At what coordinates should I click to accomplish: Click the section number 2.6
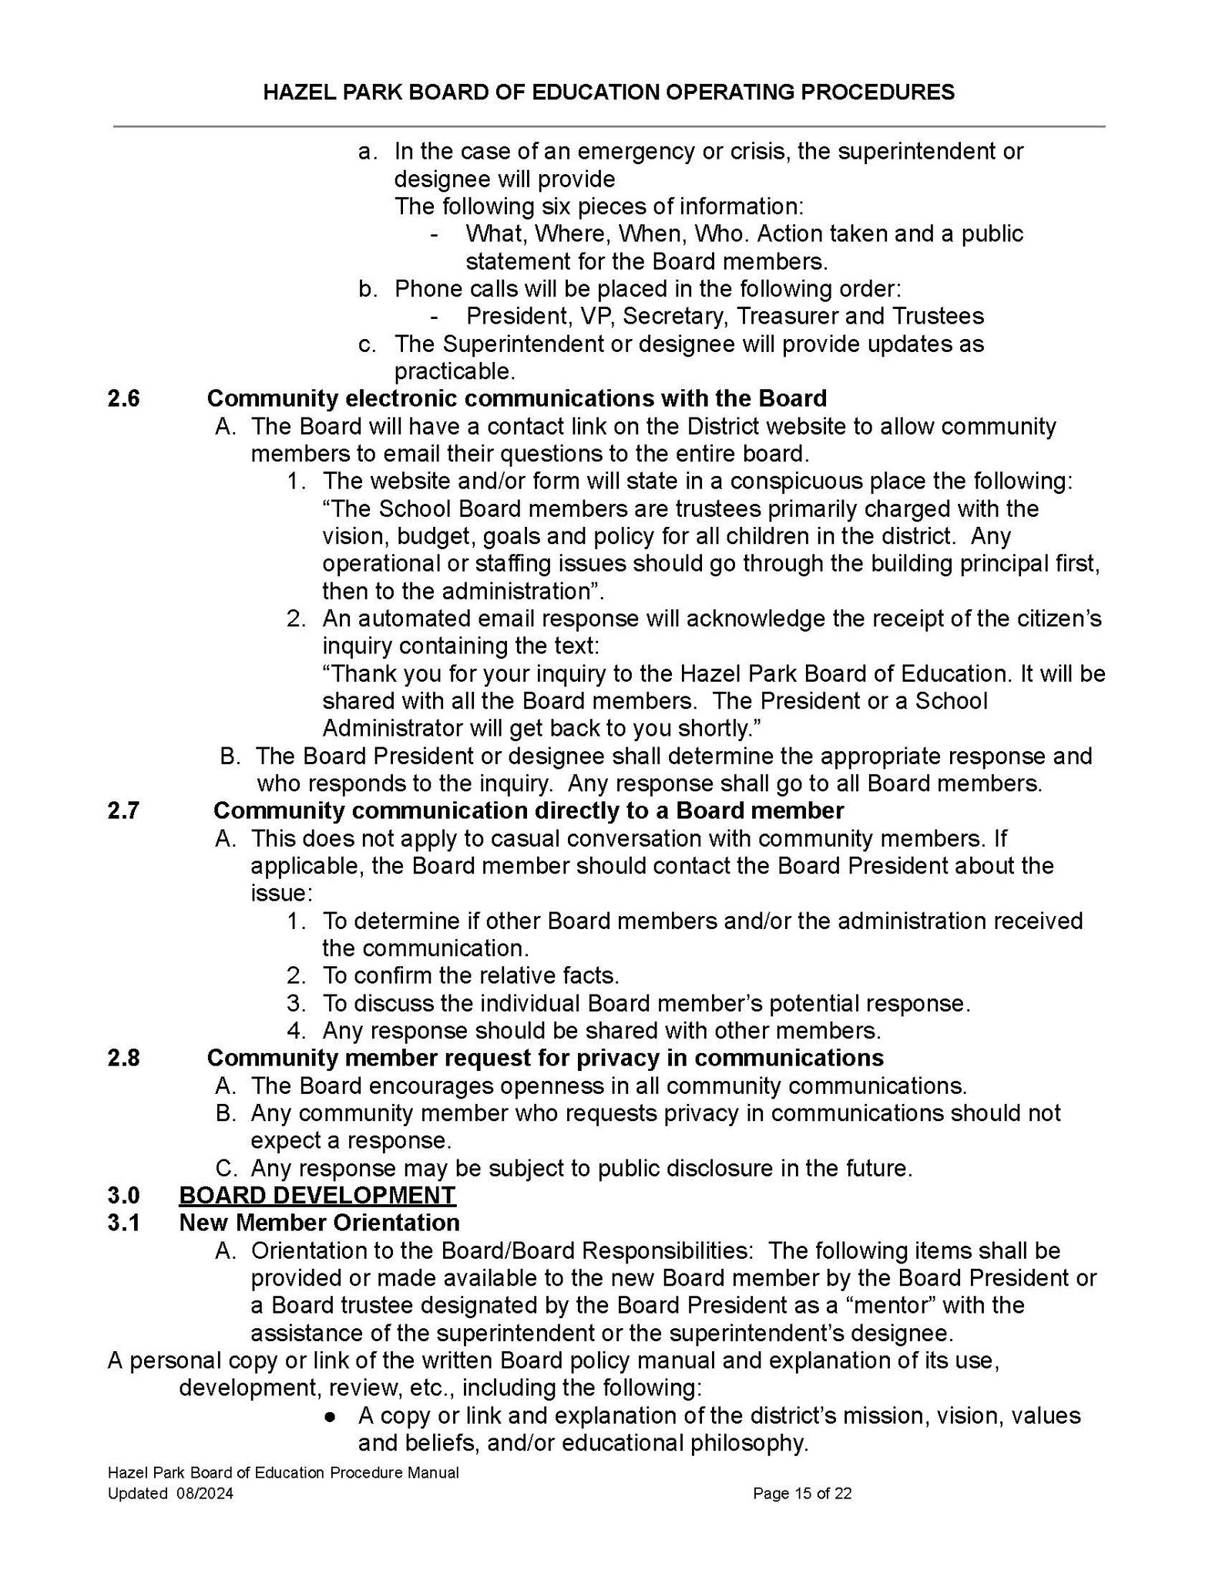(x=123, y=398)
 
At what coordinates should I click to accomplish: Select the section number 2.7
(x=123, y=810)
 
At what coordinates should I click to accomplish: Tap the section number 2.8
(x=123, y=1058)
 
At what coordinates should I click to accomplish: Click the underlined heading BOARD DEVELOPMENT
(x=317, y=1195)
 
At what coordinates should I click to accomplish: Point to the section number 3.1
(x=123, y=1223)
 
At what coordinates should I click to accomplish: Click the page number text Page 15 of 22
(x=802, y=1494)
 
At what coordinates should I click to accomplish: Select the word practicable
(x=453, y=371)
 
